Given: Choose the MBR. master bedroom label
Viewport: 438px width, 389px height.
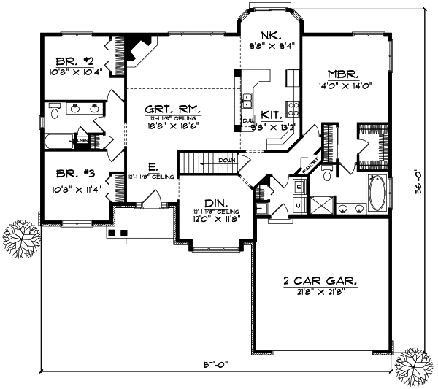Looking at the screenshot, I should pos(342,74).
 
